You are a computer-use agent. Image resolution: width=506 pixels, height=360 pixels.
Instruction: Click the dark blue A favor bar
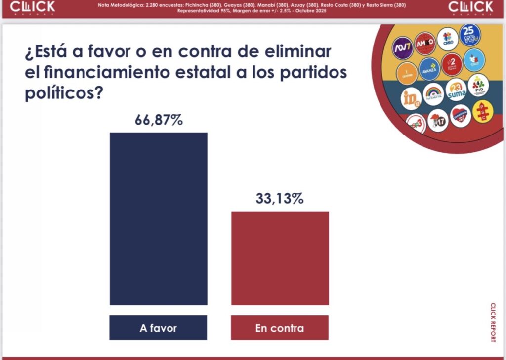coord(158,219)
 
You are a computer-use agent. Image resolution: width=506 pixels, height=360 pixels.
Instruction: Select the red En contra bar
coord(280,258)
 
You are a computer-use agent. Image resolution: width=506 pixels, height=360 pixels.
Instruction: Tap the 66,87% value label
coord(159,120)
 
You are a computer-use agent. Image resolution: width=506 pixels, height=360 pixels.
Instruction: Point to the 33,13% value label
coord(280,199)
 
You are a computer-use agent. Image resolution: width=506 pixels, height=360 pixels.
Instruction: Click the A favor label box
coord(158,328)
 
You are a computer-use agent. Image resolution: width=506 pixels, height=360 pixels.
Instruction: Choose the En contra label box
coord(280,328)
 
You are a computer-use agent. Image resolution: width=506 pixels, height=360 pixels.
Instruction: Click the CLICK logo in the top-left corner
coord(33,7)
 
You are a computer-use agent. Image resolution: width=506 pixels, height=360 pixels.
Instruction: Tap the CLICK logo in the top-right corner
coord(470,7)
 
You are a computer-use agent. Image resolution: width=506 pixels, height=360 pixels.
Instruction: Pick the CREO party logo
coord(448,39)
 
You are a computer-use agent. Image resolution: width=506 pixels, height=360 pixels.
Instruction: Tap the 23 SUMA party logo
coord(456,90)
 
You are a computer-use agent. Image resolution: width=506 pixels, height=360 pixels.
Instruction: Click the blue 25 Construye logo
coord(469,34)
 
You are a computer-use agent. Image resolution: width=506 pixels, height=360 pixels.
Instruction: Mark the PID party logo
coord(478,85)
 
